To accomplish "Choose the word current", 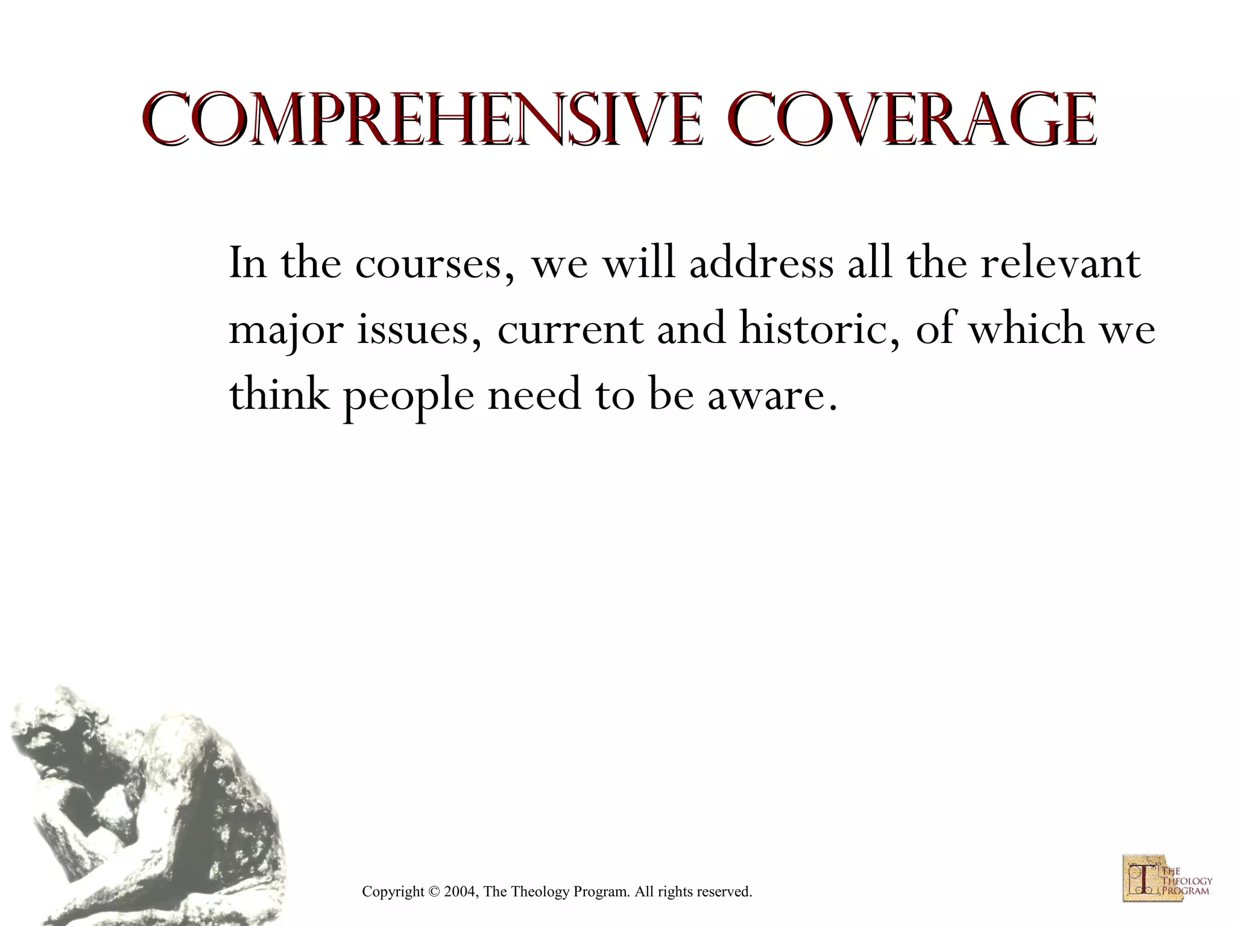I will coord(570,330).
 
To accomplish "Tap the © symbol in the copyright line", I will coord(434,892).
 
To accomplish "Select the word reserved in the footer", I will coord(727,892).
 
